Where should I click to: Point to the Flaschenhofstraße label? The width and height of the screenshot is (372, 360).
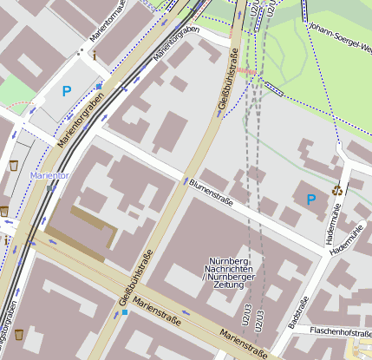click(341, 331)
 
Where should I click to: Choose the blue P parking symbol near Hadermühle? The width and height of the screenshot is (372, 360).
click(310, 200)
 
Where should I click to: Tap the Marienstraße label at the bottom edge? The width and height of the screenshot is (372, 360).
click(244, 343)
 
